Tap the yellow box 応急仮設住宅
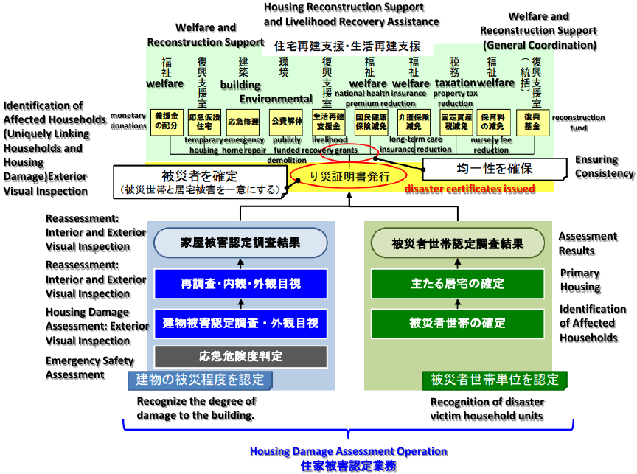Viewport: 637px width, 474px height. pyautogui.click(x=204, y=121)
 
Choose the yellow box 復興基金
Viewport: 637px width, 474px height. pyautogui.click(x=532, y=121)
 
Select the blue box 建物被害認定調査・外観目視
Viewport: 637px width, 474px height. pyautogui.click(x=240, y=322)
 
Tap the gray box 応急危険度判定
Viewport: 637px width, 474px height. pyautogui.click(x=240, y=357)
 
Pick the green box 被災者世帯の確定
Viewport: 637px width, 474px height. pyautogui.click(x=457, y=322)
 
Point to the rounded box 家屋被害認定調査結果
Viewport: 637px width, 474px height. pyautogui.click(x=240, y=243)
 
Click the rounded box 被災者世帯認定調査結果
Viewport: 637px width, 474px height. pyautogui.click(x=457, y=243)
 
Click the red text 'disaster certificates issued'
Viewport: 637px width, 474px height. pyautogui.click(x=470, y=189)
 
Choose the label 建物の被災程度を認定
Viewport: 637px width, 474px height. pyautogui.click(x=200, y=380)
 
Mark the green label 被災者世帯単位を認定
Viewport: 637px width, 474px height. pyautogui.click(x=495, y=380)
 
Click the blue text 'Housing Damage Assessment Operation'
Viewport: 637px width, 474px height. pyautogui.click(x=348, y=451)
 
